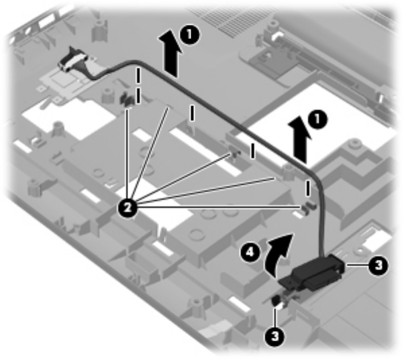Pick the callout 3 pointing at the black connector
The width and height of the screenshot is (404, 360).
click(x=378, y=265)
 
